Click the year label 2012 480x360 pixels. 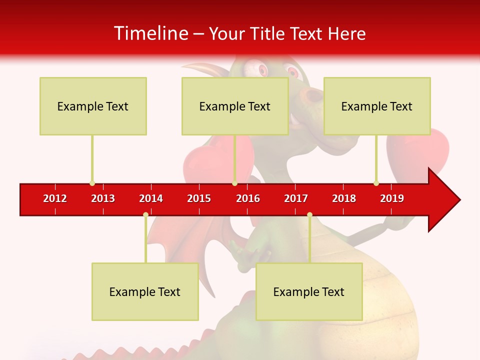pos(55,198)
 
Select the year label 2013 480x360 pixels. pos(103,198)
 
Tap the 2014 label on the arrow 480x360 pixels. pos(151,198)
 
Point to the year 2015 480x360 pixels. pos(199,198)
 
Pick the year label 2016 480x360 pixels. pos(248,198)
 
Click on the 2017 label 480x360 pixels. pos(296,198)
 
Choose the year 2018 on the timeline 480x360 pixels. pos(344,198)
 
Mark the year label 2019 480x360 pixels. pos(392,198)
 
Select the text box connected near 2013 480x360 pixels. pos(93,106)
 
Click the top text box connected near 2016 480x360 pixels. pos(235,106)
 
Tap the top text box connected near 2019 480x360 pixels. pos(377,106)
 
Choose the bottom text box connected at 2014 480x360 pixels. pos(145,291)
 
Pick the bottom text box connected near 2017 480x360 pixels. pos(309,291)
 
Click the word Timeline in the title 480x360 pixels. pos(151,33)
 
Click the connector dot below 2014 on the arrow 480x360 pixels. pos(145,214)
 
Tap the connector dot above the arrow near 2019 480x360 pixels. pos(376,183)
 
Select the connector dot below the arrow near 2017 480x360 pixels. pos(309,214)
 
